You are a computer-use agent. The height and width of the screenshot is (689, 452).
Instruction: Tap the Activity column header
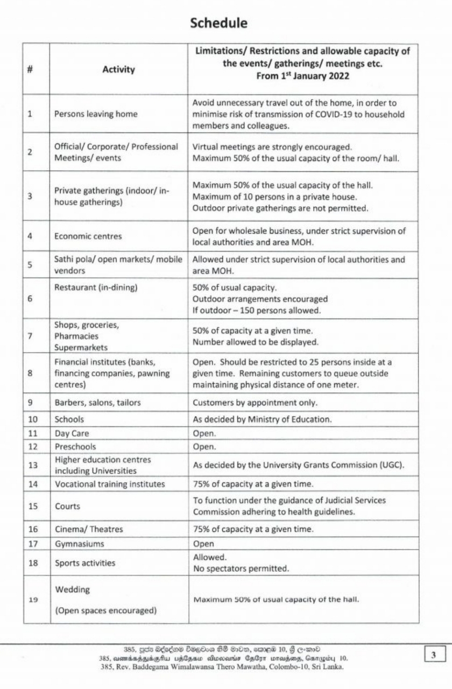[118, 69]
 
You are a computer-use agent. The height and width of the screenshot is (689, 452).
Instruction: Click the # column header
[31, 69]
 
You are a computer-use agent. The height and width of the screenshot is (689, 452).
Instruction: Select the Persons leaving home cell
[96, 114]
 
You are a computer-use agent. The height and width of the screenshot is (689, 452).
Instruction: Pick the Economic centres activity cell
[88, 236]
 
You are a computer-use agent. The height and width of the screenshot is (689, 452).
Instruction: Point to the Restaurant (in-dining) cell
[96, 287]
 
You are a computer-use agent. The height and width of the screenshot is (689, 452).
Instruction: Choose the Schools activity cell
[69, 419]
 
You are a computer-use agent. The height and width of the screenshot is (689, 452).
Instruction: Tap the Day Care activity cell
[72, 433]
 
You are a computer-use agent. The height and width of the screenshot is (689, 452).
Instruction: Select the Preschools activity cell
[75, 447]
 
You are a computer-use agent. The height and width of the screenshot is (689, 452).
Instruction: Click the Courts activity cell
[67, 506]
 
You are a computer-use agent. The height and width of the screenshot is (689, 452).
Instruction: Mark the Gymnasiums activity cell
[80, 544]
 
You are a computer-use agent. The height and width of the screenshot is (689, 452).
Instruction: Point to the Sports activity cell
[84, 563]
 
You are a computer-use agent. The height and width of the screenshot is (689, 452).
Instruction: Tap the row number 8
[31, 373]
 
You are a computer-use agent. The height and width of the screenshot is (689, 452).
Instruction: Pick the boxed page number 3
[434, 655]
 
